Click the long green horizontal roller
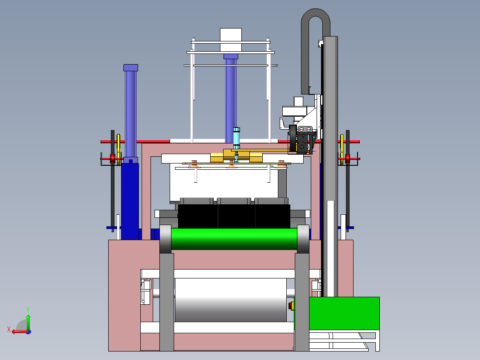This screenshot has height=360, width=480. pyautogui.click(x=234, y=239)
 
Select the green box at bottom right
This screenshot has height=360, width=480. pyautogui.click(x=344, y=313)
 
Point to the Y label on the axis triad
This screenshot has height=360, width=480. pyautogui.click(x=28, y=310)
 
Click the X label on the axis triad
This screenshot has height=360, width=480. pyautogui.click(x=9, y=329)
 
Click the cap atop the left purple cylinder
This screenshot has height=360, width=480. pyautogui.click(x=131, y=68)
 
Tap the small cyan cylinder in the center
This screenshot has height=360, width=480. pyautogui.click(x=236, y=138)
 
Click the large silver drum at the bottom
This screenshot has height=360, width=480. pyautogui.click(x=231, y=300)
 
